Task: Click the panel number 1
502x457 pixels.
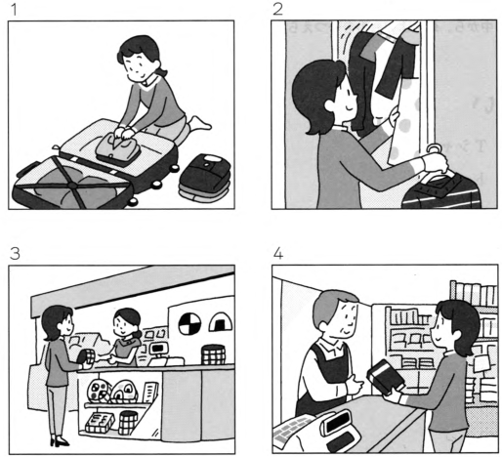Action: pyautogui.click(x=14, y=10)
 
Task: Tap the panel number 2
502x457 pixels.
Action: pyautogui.click(x=277, y=9)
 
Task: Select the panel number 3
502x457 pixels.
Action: pyautogui.click(x=15, y=253)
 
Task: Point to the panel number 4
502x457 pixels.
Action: pyautogui.click(x=278, y=253)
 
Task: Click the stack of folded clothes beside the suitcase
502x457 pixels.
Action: pyautogui.click(x=205, y=178)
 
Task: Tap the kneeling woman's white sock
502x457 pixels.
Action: pyautogui.click(x=199, y=124)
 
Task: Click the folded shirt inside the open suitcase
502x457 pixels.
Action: pyautogui.click(x=118, y=148)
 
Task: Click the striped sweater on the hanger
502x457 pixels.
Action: pyautogui.click(x=441, y=191)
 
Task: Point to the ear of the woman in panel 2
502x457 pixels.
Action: pyautogui.click(x=330, y=105)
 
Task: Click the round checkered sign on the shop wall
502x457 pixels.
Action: pyautogui.click(x=189, y=323)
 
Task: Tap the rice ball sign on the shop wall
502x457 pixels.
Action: pyautogui.click(x=221, y=321)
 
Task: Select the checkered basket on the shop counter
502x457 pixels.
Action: pyautogui.click(x=213, y=354)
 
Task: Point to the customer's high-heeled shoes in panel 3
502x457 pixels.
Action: pyautogui.click(x=60, y=441)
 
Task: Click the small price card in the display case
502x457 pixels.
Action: pyautogui.click(x=150, y=393)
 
